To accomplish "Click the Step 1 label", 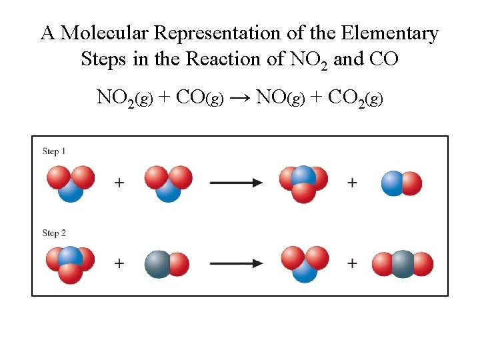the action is [54, 151].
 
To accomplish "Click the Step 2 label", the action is [54, 233].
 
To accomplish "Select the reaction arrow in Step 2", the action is [236, 263].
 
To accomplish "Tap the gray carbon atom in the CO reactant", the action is [158, 263].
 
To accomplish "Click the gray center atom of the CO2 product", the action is [403, 263].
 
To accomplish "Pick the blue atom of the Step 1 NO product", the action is [393, 183].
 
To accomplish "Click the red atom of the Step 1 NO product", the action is [412, 183].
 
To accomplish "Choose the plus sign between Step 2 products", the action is [352, 263].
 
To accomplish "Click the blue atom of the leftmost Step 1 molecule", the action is [70, 191].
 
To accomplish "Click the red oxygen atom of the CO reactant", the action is [179, 263].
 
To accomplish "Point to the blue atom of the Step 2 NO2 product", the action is [304, 271].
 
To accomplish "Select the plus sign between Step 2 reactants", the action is [119, 263].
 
